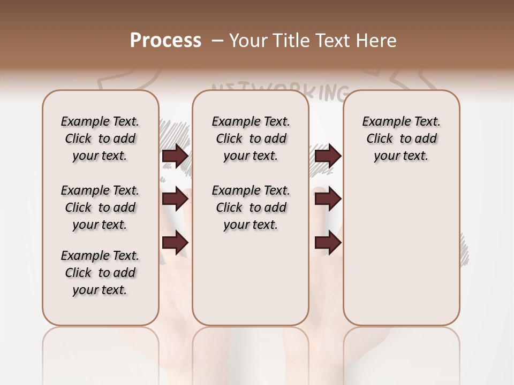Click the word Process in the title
pos(165,41)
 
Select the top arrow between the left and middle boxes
pos(175,156)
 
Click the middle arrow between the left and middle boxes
pos(175,199)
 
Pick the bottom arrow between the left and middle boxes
pos(175,242)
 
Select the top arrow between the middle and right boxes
pos(328,156)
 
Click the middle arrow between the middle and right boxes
pos(328,199)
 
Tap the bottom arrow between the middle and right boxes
pos(328,242)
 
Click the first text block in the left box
pos(100,138)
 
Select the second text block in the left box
pos(100,207)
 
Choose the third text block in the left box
pos(100,273)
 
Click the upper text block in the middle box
pos(251,138)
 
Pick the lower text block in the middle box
pos(251,207)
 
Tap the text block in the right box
pos(402,138)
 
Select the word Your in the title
pos(248,41)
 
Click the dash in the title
pos(217,41)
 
